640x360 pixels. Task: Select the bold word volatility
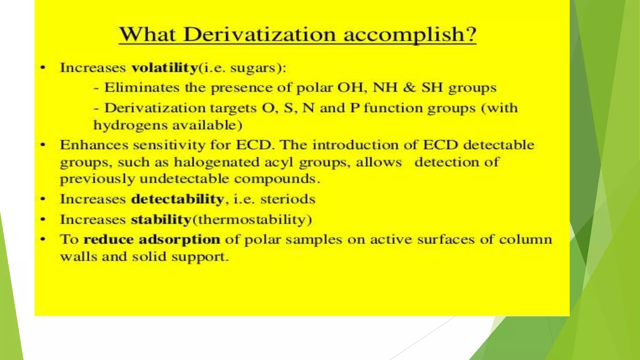point(164,68)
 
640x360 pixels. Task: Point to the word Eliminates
point(142,88)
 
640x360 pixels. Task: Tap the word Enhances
point(94,145)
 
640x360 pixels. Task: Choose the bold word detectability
point(177,199)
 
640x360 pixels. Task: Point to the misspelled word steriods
point(288,199)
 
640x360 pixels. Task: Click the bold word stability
point(161,219)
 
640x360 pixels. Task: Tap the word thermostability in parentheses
point(252,219)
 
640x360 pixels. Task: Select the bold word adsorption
point(179,240)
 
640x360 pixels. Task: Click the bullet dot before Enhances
point(43,145)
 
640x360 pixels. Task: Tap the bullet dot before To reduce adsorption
point(43,240)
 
